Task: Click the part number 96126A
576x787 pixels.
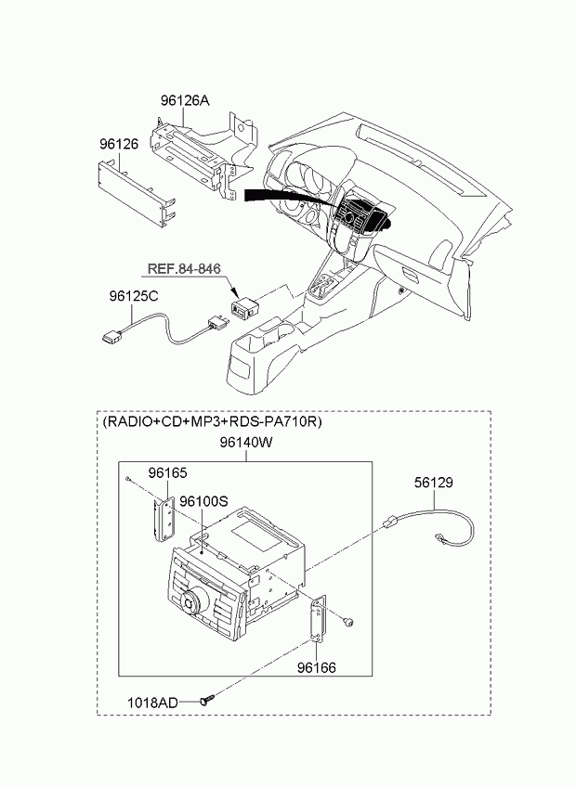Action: [185, 100]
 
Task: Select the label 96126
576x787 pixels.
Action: [119, 144]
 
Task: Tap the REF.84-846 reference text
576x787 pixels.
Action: [184, 268]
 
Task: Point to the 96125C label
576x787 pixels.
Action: [134, 297]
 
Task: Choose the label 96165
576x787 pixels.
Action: [167, 472]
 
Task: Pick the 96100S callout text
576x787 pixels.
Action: [204, 501]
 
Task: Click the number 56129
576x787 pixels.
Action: [434, 483]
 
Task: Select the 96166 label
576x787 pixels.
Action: [316, 667]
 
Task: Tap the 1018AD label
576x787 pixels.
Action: [152, 703]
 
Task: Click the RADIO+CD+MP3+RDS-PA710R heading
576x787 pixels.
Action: [212, 421]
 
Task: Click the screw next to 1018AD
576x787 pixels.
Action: [207, 699]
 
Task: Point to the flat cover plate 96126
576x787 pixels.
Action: [136, 194]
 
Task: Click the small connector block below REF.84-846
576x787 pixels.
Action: [243, 307]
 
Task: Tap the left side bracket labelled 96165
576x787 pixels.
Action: [163, 520]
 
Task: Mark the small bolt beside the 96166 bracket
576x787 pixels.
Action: [347, 623]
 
